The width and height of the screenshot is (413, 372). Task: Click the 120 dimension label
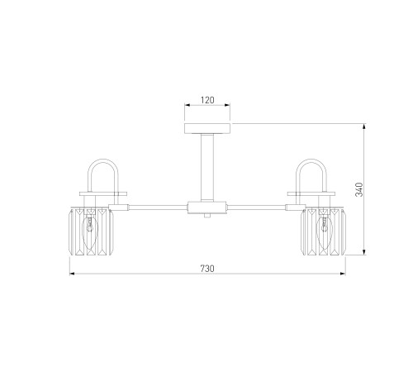click(x=207, y=100)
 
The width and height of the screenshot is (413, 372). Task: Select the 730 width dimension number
click(x=207, y=269)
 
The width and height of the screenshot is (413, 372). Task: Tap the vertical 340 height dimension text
click(x=359, y=189)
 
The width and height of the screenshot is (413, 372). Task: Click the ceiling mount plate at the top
click(x=207, y=128)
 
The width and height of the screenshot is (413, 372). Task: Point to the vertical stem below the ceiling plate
click(x=207, y=168)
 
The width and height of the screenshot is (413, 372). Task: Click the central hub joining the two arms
click(x=207, y=207)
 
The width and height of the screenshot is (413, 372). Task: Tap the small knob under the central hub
click(x=207, y=216)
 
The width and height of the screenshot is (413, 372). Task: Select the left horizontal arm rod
click(x=158, y=207)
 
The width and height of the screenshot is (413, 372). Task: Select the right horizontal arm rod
click(x=256, y=207)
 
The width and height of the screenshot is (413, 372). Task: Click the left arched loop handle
click(x=103, y=160)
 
